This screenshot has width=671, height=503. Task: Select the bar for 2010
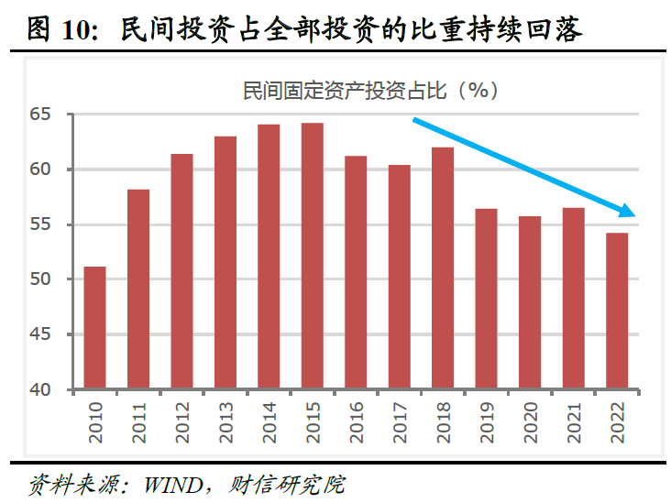(94, 328)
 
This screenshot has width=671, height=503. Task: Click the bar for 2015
(313, 257)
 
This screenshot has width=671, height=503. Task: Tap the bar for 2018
(443, 268)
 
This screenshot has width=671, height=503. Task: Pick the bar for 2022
(618, 312)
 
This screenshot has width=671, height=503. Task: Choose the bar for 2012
(181, 271)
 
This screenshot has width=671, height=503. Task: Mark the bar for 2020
(531, 303)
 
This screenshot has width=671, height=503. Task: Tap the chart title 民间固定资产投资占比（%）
(369, 90)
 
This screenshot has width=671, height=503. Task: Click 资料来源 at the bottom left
(60, 484)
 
